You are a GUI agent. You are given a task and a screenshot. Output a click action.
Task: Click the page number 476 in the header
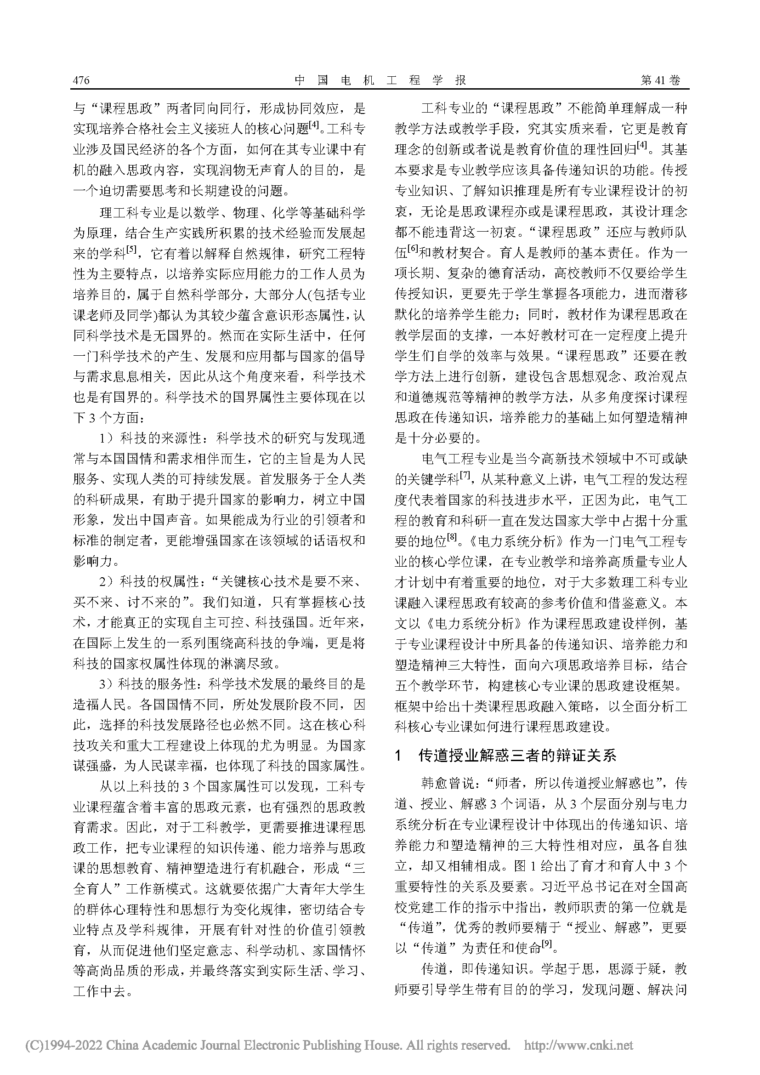pos(81,80)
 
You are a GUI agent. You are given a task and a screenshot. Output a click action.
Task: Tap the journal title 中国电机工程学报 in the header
pos(380,80)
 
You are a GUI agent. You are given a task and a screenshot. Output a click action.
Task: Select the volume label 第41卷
pos(660,80)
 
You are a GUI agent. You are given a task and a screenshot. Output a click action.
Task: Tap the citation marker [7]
pos(465,475)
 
